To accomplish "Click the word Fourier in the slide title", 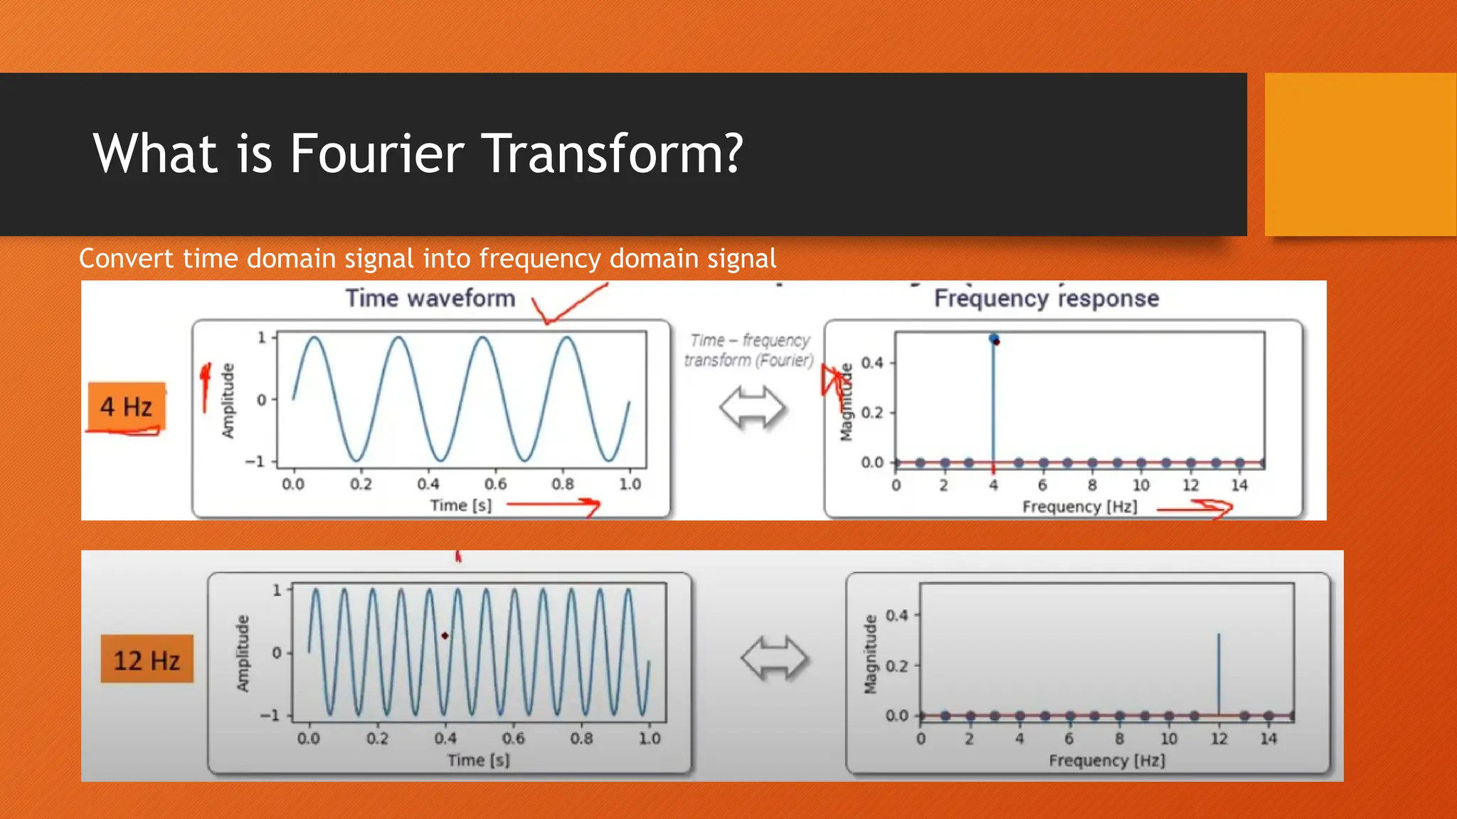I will pos(377,154).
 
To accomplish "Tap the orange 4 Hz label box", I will pos(127,407).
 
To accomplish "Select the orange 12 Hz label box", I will pos(147,660).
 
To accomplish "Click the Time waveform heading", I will pos(430,298).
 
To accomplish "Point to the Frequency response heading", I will pos(1046,298).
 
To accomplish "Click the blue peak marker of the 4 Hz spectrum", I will pos(994,338).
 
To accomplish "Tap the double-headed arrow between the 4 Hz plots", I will pos(752,408).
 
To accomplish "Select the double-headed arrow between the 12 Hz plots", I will pos(774,658).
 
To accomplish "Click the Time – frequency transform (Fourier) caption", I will pos(749,350).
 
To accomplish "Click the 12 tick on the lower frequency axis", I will pos(1219,739).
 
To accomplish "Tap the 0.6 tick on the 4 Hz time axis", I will pos(495,484).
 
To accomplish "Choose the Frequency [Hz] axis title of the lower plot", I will pos(1106,761).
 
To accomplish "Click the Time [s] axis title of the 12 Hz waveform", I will pos(478,760).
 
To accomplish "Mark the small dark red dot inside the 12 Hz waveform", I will pos(445,636).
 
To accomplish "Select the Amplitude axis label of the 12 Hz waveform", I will pos(243,653).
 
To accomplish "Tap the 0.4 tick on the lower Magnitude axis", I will pos(896,615).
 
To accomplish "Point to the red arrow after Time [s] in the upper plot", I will pos(555,505).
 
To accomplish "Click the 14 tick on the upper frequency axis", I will pos(1239,486).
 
